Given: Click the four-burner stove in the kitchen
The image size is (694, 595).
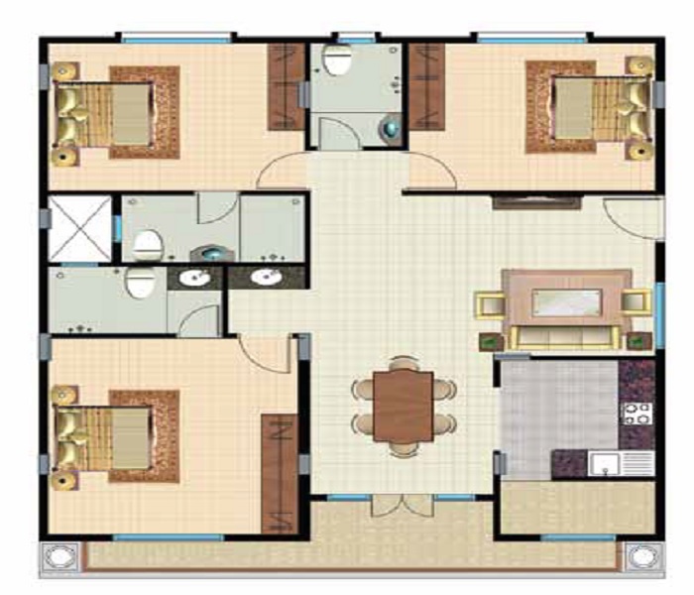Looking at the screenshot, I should pos(635,412).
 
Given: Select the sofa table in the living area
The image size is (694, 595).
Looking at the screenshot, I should pos(566,301).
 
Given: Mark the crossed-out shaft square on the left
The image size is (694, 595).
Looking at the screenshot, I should pos(80,228).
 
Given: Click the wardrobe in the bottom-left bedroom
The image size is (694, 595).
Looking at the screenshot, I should pos(280,471).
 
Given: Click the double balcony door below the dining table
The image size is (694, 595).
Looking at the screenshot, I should pos(402,506).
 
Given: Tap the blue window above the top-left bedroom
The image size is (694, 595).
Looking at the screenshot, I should pos(176,40).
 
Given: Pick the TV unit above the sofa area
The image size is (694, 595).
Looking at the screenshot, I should pos(535,202).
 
